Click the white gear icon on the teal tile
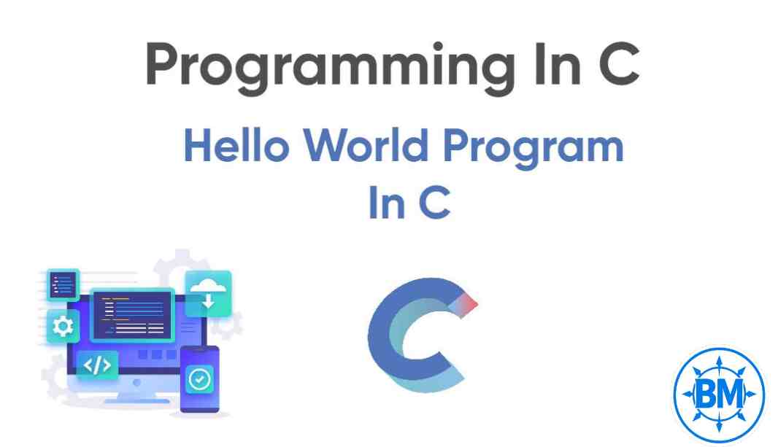pos(63,326)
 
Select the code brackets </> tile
pos(97,365)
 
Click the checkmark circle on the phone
pos(199,379)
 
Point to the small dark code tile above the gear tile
pos(63,284)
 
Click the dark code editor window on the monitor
pos(132,315)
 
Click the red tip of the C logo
pos(469,302)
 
